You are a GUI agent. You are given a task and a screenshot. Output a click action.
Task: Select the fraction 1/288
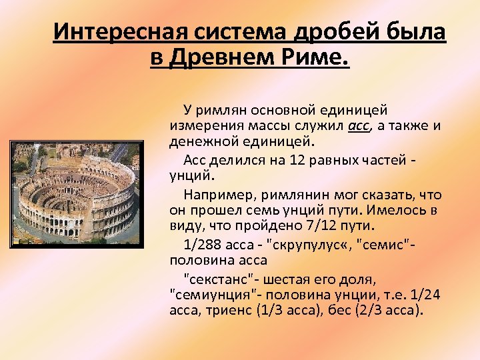pos(201,244)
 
